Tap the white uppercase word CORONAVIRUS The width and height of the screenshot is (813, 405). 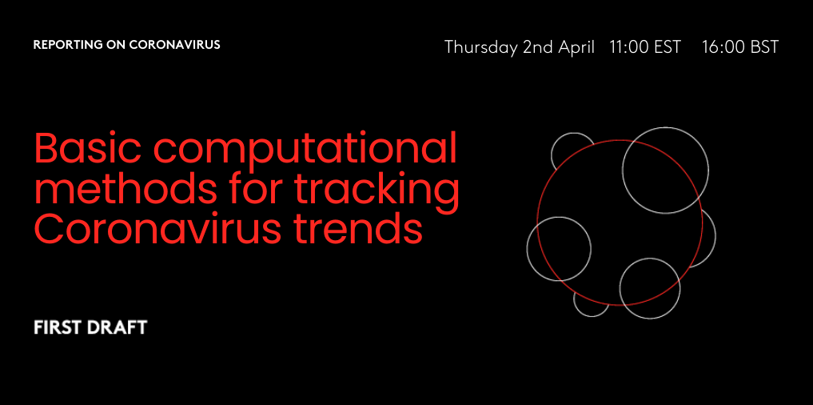[x=175, y=45]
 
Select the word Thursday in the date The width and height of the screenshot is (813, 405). [x=481, y=48]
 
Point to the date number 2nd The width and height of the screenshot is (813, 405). [x=538, y=47]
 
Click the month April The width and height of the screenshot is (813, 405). [x=576, y=48]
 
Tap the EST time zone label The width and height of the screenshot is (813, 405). [x=665, y=47]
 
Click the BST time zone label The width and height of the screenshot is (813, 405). [x=760, y=47]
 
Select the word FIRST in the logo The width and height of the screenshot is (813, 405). [x=56, y=327]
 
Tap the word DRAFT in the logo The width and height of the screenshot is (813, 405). [x=116, y=327]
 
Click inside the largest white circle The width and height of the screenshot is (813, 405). [x=665, y=170]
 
